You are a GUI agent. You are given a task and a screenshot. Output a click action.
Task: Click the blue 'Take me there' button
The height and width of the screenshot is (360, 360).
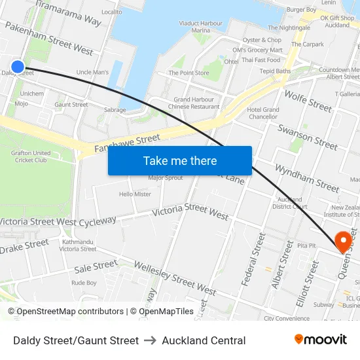pos(179,160)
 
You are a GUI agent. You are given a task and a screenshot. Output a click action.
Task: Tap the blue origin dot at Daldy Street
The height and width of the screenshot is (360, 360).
pos(18,66)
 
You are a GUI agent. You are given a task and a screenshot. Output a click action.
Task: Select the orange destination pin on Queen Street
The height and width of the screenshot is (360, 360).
pos(342,241)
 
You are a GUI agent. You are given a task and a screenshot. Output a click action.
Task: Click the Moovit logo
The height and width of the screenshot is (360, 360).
pos(320,340)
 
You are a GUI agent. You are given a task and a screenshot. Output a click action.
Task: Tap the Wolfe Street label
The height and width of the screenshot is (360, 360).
pos(308,98)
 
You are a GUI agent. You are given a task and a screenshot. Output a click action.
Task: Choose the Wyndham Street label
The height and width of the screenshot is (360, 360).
pos(306,177)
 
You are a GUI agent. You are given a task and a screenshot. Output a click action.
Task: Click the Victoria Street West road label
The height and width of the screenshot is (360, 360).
pos(190,211)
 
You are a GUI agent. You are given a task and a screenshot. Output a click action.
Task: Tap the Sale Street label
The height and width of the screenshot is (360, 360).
pos(96,266)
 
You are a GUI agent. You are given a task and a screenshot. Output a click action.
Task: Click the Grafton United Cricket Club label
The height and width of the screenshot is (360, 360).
pos(31,156)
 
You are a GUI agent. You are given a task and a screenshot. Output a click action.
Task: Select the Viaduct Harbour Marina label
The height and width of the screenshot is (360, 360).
pos(201,26)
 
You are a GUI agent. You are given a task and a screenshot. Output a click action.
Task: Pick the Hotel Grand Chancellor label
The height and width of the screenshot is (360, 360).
pos(263,113)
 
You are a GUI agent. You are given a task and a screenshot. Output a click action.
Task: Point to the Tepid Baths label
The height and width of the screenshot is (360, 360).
pos(275,71)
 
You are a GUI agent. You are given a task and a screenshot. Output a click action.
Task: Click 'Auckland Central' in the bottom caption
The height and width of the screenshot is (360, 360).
pos(204,340)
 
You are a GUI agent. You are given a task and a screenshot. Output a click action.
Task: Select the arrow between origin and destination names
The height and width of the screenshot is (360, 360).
pos(151,340)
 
